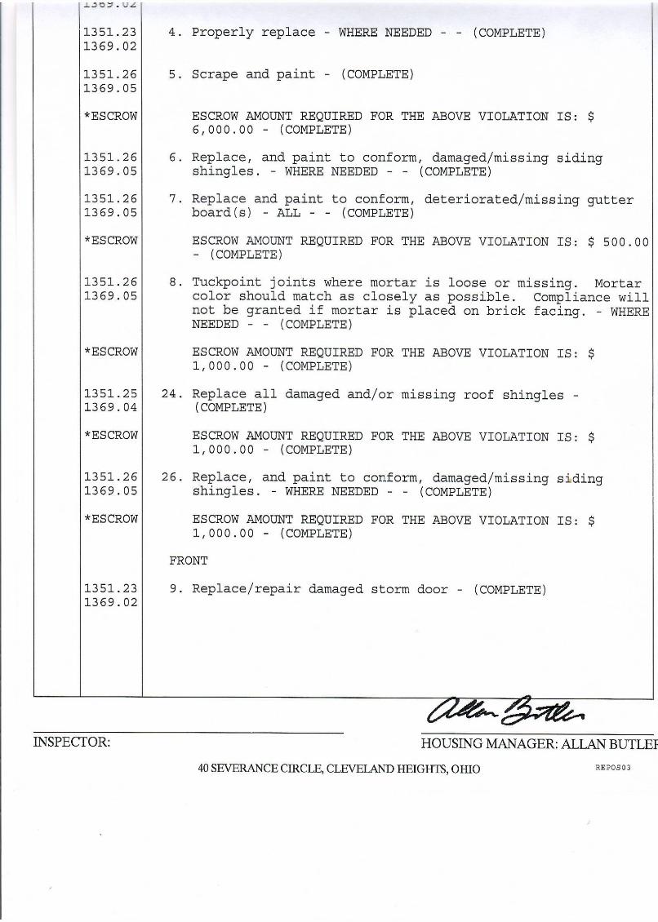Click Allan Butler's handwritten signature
511,710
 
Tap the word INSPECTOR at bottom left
72,742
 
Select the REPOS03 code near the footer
613,768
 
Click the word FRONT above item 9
188,561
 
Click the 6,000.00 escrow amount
223,130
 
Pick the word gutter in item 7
610,199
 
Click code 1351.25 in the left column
110,393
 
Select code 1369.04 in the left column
110,407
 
